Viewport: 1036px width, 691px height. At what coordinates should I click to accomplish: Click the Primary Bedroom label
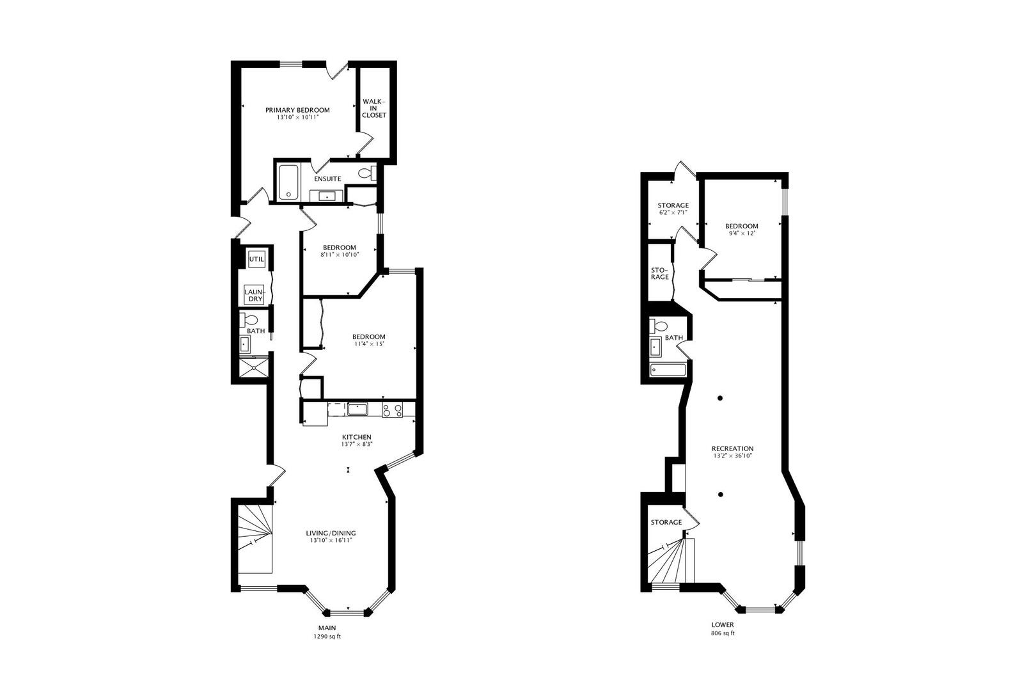[297, 110]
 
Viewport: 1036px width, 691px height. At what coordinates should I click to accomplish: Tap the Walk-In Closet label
[374, 108]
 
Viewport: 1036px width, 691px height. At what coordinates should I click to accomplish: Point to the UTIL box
[256, 259]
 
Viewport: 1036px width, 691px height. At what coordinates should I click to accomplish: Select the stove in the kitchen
[392, 409]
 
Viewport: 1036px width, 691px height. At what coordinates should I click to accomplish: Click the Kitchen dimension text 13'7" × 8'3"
[357, 444]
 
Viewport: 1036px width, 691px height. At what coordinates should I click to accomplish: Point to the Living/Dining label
[331, 533]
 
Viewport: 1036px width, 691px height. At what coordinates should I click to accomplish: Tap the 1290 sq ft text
[327, 637]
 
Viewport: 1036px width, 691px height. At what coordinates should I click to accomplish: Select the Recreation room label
[733, 449]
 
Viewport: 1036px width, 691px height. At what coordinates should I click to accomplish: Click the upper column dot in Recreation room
[720, 398]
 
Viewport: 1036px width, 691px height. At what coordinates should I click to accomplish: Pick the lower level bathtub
[668, 370]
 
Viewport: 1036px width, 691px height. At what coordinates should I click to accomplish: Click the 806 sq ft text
[723, 633]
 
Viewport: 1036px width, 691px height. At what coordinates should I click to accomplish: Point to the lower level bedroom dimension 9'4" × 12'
[742, 234]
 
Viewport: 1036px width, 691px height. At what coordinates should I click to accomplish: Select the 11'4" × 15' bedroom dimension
[369, 344]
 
